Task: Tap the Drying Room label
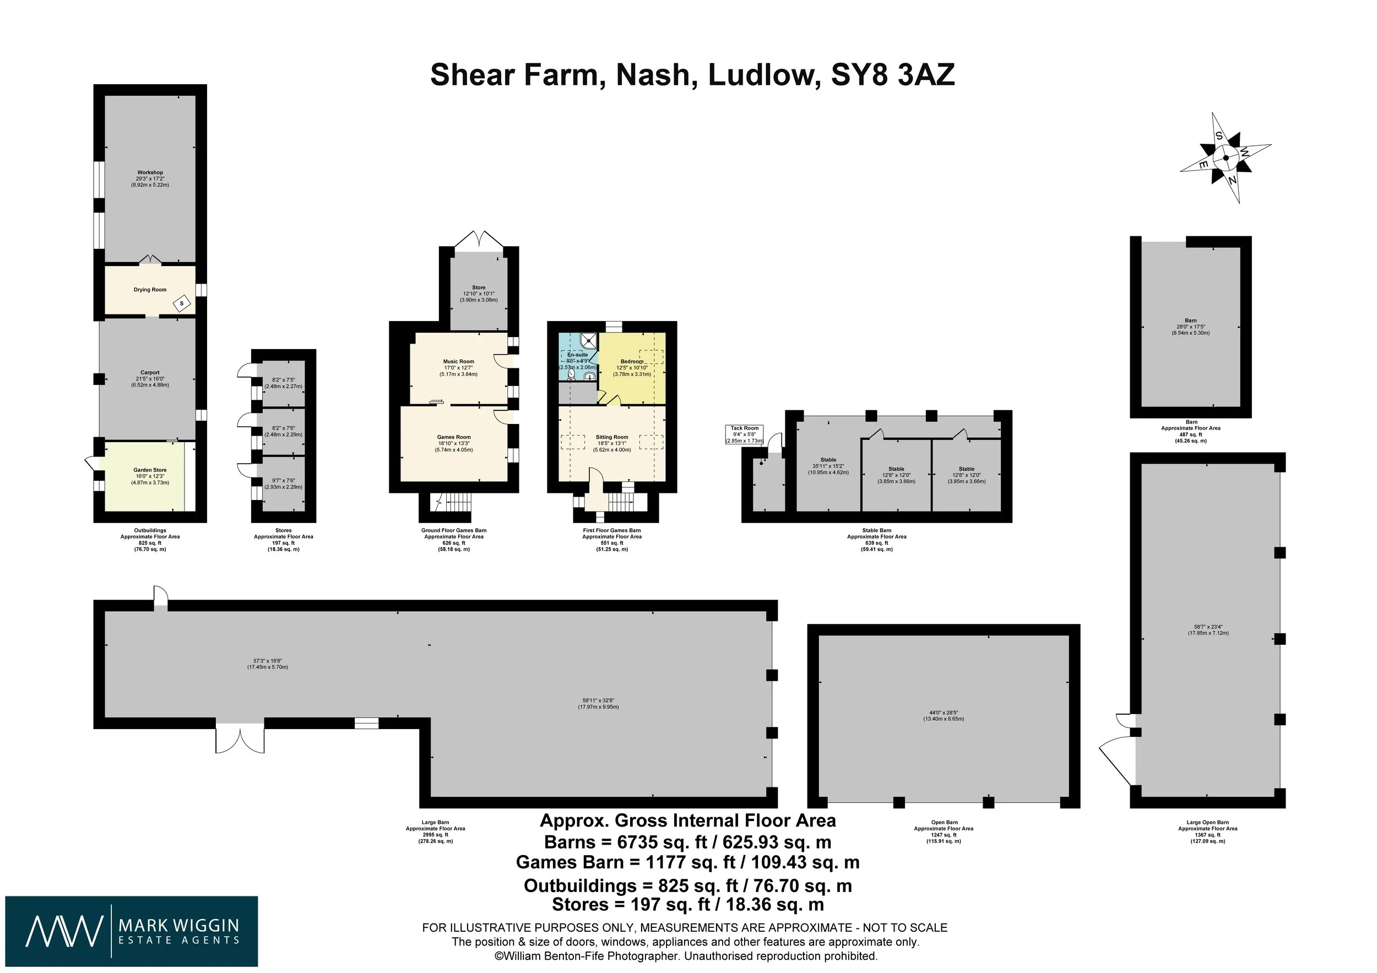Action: pyautogui.click(x=150, y=290)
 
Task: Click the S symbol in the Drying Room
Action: pyautogui.click(x=182, y=303)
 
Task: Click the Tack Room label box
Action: pyautogui.click(x=744, y=434)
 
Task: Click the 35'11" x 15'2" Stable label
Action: pyautogui.click(x=828, y=466)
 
